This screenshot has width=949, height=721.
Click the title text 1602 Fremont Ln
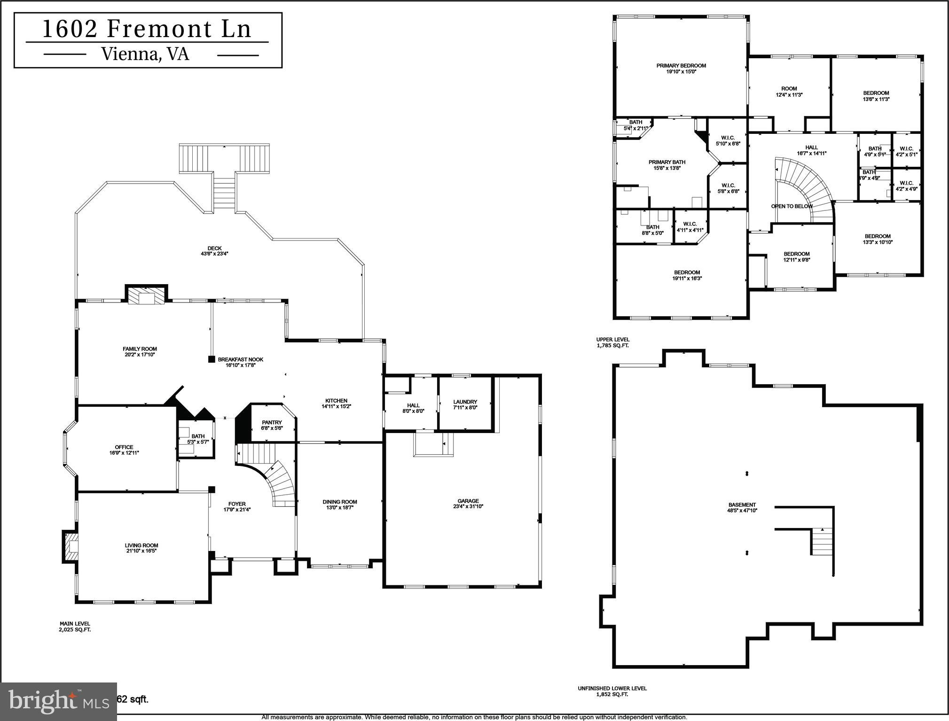[147, 29]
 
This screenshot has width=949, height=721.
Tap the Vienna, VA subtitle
[145, 54]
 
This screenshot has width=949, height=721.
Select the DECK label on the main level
[214, 248]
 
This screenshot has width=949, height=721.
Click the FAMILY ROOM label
[140, 349]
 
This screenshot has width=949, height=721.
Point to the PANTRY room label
[272, 423]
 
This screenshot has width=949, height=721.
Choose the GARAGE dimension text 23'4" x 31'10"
[468, 506]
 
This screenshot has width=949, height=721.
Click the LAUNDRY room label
[465, 402]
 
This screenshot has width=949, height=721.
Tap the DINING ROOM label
[340, 502]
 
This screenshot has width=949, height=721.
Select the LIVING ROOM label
[141, 545]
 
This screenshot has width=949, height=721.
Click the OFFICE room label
[124, 447]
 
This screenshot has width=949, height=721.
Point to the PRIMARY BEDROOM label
[681, 66]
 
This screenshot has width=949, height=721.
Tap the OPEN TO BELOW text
[792, 206]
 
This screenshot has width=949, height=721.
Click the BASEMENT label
[742, 505]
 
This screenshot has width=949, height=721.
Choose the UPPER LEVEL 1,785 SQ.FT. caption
[612, 342]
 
